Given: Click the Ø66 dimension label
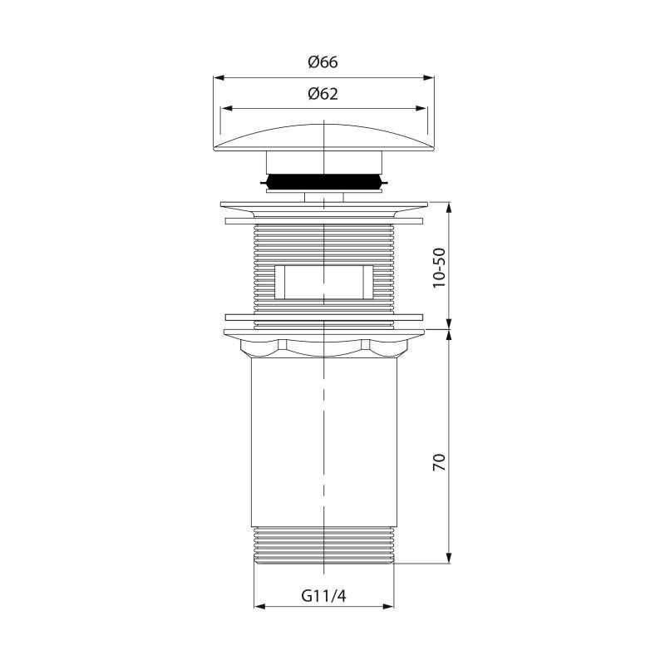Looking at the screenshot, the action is point(323,62).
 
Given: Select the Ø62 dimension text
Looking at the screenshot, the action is point(323,94).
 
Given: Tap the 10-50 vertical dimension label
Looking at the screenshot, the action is point(440,268).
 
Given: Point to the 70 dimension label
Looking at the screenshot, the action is point(440,462).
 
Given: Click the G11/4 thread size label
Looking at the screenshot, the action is point(323,596).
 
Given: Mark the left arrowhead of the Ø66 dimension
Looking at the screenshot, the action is point(219,78).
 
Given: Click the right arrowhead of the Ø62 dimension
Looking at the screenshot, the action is point(421,109).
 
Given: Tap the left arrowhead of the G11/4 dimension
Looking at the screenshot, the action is point(259,607).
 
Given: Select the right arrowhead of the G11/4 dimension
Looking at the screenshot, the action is point(388,607).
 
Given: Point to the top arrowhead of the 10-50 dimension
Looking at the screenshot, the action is point(449,208).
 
